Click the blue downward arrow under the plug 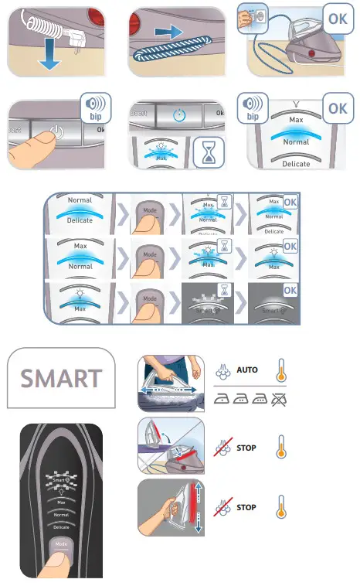pyautogui.click(x=49, y=60)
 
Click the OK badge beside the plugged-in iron pyautogui.click(x=338, y=16)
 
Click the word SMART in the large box pyautogui.click(x=61, y=379)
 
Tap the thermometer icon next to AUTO pyautogui.click(x=282, y=372)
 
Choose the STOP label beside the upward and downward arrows pyautogui.click(x=246, y=508)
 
